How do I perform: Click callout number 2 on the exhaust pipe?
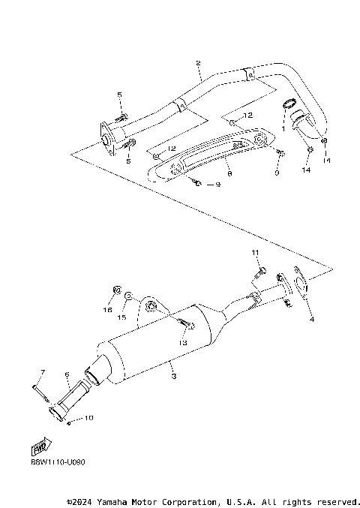(198, 64)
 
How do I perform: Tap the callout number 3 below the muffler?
(172, 375)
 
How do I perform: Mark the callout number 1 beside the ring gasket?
(283, 128)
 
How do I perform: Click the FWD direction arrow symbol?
(37, 449)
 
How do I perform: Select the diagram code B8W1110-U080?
(58, 462)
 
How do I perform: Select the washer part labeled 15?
(129, 297)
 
